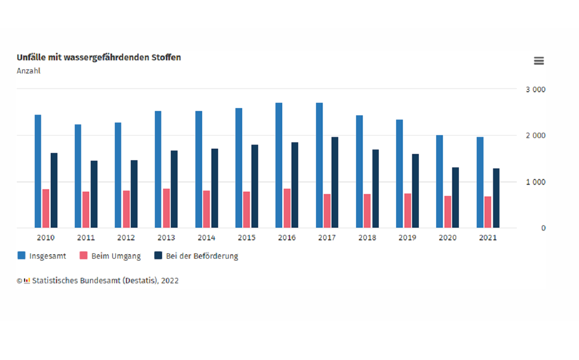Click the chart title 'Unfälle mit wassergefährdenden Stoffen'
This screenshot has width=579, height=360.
pos(99,57)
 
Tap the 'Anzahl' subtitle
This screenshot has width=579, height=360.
pos(28,71)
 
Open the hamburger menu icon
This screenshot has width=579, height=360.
pos(538,61)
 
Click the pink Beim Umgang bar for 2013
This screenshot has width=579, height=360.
pos(166,208)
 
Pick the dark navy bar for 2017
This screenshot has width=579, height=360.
pos(335,182)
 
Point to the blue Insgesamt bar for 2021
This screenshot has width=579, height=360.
pos(480,182)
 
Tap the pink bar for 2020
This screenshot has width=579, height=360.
pos(448,211)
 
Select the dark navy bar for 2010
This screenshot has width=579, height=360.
pos(54,190)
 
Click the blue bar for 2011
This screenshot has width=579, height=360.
pos(78,176)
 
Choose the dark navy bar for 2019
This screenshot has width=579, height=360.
pos(415,191)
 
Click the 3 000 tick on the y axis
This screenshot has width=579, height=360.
pos(536,90)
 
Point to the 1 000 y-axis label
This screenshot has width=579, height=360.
pos(536,182)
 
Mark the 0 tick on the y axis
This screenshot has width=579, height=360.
pos(543,228)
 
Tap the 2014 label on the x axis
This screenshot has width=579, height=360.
pos(207,238)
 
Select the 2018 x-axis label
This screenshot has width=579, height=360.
pos(367,238)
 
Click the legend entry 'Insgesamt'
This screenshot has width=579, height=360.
pos(42,256)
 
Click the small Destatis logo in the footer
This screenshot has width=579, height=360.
pos(27,280)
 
